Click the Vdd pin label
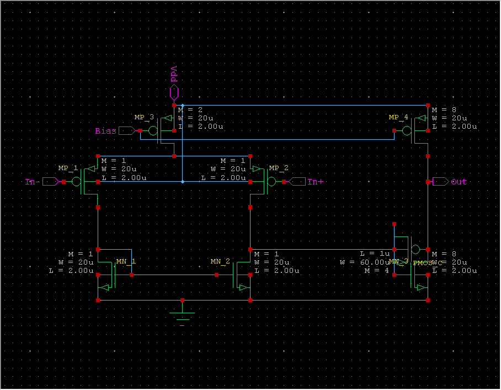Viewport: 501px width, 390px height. tap(174, 74)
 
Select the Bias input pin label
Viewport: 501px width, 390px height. tap(106, 131)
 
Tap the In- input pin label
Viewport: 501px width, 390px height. tap(32, 182)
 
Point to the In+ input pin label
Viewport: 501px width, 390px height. tap(316, 182)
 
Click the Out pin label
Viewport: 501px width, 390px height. tap(459, 182)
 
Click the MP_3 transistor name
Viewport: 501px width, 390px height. tap(144, 118)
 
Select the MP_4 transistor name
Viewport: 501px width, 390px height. tap(398, 118)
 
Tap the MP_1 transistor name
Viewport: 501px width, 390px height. tap(68, 168)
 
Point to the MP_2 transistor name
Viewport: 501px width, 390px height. tap(279, 168)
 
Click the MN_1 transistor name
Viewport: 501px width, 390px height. tap(125, 261)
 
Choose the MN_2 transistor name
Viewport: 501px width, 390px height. tap(220, 261)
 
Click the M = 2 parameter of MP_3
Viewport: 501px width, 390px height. tap(190, 110)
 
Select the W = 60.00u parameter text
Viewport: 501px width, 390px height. tap(365, 262)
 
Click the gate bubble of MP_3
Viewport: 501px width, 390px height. tap(153, 131)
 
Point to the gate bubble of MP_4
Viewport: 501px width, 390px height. tap(407, 131)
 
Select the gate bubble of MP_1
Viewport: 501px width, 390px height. tap(77, 182)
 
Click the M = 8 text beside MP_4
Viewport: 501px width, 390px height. tap(444, 110)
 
